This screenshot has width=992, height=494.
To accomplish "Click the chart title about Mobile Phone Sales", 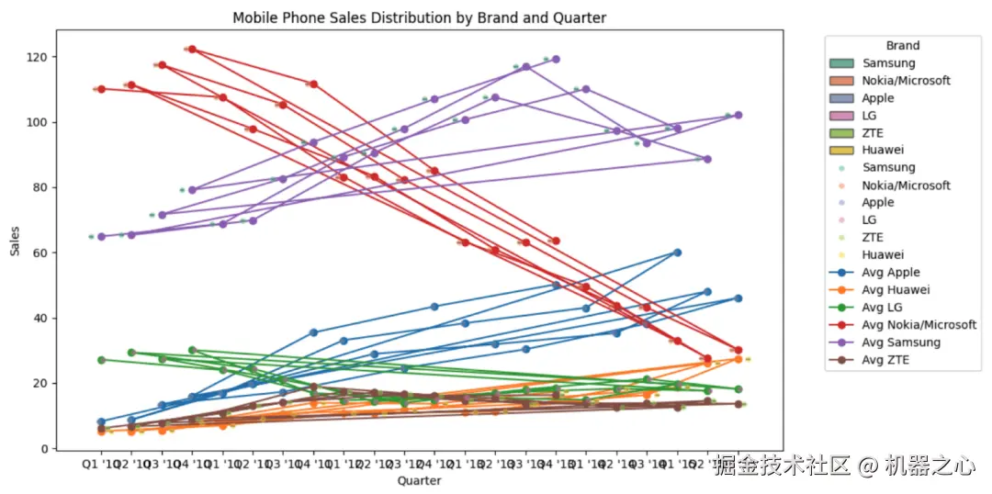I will tap(419, 17).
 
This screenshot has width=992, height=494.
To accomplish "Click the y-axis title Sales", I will tap(16, 240).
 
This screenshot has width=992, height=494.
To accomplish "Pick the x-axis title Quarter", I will tap(419, 480).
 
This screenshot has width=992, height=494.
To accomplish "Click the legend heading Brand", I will tap(902, 45).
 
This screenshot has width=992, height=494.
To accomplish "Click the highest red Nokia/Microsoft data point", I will tap(192, 49).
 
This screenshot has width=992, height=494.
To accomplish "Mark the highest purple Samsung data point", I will tap(556, 59).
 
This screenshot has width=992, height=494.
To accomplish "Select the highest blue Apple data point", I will tap(677, 252).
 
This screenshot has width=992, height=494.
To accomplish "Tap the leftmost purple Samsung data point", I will tap(101, 236).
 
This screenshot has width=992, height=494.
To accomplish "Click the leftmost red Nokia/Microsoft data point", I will tap(101, 89).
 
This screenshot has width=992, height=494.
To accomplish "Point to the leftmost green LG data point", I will tap(101, 360).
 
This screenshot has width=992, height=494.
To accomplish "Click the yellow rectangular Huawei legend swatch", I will tap(843, 150).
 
